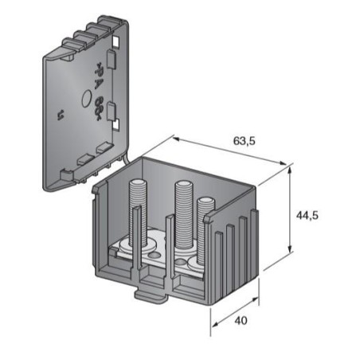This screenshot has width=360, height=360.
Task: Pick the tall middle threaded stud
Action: coord(182,209)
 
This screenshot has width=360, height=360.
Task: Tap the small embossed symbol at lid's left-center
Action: coord(61,118)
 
